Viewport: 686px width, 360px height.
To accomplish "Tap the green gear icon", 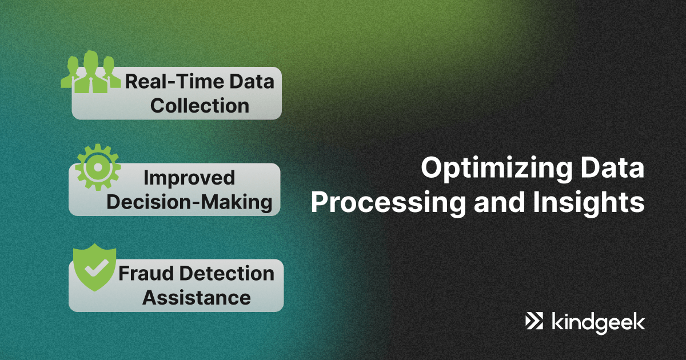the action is [98, 167].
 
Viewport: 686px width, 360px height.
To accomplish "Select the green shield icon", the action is [95, 267].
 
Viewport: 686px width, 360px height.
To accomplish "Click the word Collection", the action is [200, 106].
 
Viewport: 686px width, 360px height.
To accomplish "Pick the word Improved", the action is [189, 178].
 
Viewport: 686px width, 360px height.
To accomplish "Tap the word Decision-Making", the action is [189, 203].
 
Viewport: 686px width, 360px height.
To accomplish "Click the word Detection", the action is [226, 273].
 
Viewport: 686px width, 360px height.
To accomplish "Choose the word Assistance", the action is [197, 298].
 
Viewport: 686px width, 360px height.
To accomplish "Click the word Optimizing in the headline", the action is [496, 169].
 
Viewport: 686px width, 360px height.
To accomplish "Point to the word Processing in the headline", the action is [388, 203].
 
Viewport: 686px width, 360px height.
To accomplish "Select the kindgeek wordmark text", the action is [598, 323].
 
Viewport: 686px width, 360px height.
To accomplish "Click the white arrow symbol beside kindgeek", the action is [534, 321].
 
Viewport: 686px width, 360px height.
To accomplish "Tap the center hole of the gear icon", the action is [98, 167].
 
